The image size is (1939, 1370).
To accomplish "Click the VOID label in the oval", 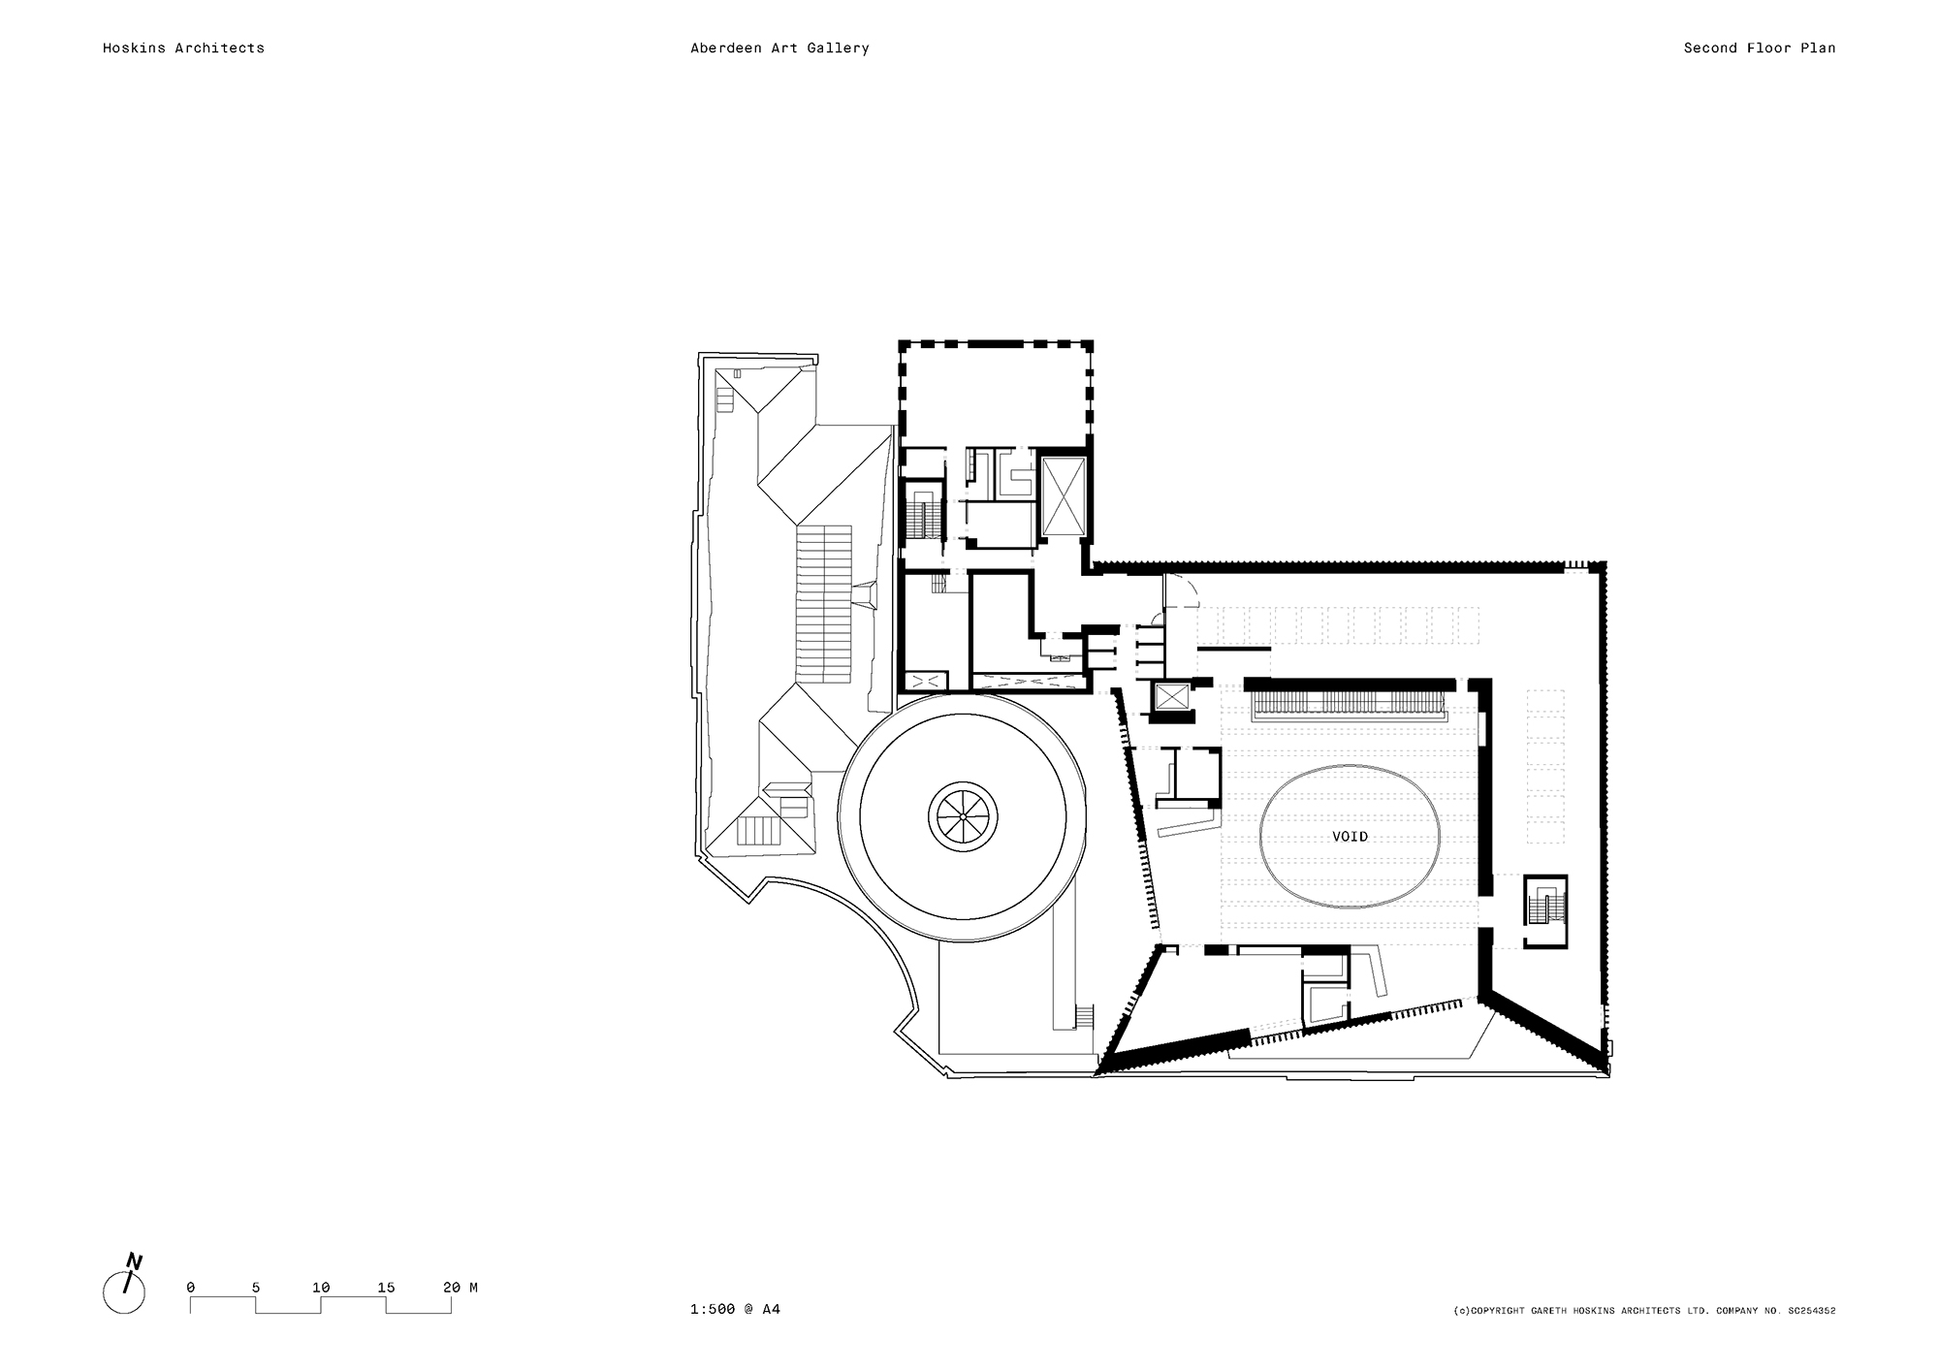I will tap(1350, 836).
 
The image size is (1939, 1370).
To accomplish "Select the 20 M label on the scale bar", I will tap(460, 1288).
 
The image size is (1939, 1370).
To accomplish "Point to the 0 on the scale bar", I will tap(191, 1288).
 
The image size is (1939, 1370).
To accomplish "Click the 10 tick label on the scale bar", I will tap(321, 1288).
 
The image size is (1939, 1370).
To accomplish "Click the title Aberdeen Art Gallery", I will tap(779, 48).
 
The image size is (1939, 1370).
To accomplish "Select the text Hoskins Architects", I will tap(183, 48).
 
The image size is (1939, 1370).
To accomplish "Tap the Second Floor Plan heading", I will tap(1759, 48).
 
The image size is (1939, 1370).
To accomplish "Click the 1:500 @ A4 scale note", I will tap(735, 1309).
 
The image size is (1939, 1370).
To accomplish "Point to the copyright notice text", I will tap(1644, 1311).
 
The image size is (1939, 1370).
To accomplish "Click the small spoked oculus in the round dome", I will tap(962, 817).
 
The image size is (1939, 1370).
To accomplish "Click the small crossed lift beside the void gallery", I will tap(1171, 697).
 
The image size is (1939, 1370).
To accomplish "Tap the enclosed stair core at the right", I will tap(1544, 910).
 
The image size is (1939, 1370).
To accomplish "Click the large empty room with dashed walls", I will tap(996, 393).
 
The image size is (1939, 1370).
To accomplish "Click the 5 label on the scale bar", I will tap(256, 1288).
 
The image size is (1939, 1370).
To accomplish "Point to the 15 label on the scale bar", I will tap(386, 1288).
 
